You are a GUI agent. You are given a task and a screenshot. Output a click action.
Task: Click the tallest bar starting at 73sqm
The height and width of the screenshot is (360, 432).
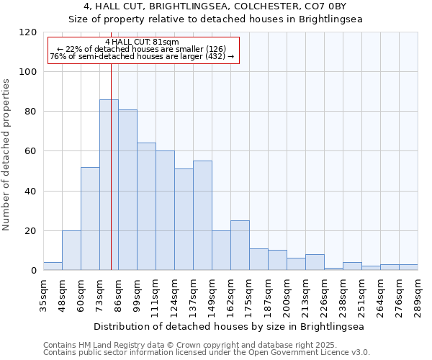[109, 185]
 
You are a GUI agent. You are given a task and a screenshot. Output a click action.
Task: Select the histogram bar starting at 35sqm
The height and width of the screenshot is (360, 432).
[53, 266]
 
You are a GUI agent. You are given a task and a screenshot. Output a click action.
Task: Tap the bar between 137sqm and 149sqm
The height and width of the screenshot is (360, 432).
[202, 215]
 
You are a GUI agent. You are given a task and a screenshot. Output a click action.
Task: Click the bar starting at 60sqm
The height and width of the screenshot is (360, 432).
[90, 219]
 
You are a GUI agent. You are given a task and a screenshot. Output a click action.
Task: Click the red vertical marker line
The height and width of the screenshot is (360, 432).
[112, 166]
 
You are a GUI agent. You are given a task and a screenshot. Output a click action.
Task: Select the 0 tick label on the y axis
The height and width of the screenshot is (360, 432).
[34, 271]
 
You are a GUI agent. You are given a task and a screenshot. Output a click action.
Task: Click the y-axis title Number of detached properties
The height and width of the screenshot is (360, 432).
[6, 155]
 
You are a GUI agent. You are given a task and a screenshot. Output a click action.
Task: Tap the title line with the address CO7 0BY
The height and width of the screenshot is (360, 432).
[215, 6]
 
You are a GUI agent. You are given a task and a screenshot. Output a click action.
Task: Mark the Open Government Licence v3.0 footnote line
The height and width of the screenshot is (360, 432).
[207, 353]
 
